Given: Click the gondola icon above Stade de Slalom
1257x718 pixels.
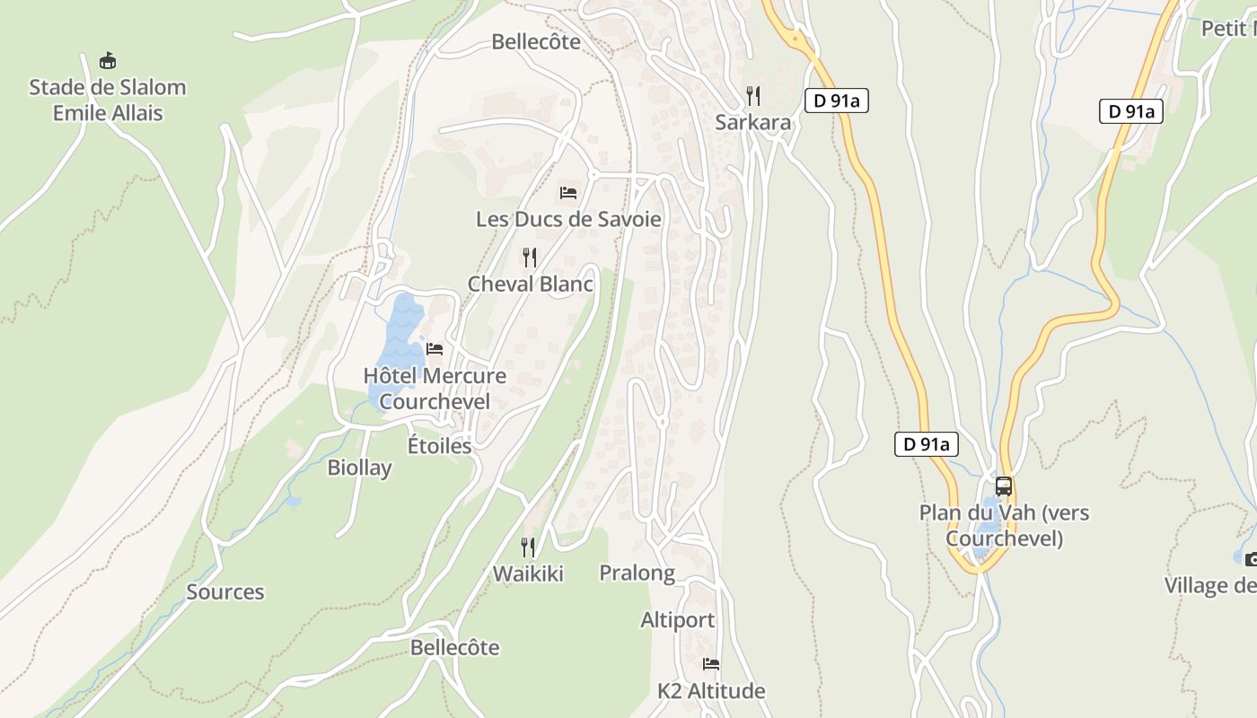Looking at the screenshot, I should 108,60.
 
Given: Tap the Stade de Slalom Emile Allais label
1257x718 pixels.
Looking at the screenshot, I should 108,100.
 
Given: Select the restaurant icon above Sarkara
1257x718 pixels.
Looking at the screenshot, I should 753,95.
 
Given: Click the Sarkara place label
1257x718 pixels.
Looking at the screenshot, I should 753,122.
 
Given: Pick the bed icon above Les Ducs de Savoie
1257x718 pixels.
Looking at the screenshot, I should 568,192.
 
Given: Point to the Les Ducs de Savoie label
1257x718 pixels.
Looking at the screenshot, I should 568,219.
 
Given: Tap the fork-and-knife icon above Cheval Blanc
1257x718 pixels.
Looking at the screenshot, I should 530,258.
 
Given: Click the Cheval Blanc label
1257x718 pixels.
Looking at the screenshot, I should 530,284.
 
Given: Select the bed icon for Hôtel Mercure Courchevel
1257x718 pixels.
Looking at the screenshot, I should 435,348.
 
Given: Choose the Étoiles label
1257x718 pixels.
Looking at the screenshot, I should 440,445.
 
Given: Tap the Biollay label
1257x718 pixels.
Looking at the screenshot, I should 359,468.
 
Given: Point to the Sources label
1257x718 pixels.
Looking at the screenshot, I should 225,591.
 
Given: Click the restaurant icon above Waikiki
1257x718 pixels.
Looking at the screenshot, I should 528,547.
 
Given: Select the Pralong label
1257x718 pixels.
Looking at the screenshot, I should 637,573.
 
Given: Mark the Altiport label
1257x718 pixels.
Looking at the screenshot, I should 678,620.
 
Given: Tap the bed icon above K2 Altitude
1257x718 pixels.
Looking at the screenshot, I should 711,664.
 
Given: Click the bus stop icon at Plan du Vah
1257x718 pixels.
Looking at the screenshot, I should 1004,486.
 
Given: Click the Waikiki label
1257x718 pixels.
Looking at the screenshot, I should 528,574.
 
